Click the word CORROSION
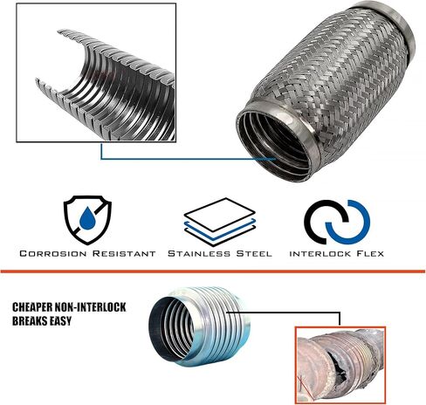tap(53, 253)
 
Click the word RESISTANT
tap(124, 253)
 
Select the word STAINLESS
tap(199, 253)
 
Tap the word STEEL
tap(254, 253)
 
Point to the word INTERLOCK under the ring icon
tap(320, 254)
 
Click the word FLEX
tap(370, 254)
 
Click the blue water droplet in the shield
tap(87, 218)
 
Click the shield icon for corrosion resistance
tap(87, 220)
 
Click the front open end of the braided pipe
tap(275, 142)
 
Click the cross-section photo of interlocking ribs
tap(96, 72)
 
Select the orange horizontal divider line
tap(213, 271)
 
